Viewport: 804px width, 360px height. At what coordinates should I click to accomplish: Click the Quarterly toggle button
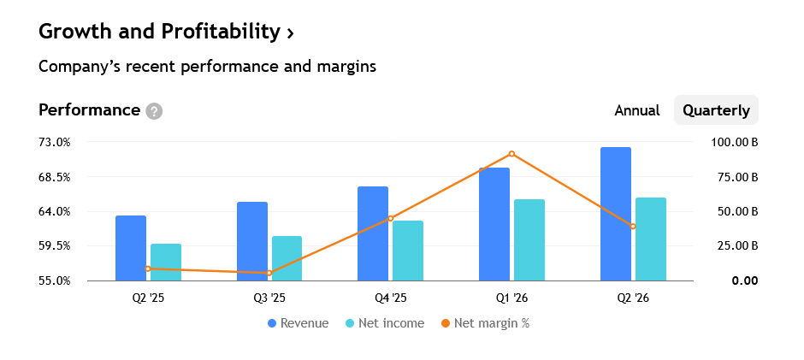click(x=716, y=110)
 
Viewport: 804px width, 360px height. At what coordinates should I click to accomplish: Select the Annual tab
click(x=637, y=110)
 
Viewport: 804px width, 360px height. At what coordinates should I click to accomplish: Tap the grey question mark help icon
click(x=154, y=111)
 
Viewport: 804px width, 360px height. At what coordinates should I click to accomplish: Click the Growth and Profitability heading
click(x=166, y=32)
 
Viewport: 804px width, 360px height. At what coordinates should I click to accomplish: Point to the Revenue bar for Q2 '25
click(x=131, y=248)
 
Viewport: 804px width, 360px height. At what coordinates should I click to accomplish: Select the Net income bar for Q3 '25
click(x=287, y=258)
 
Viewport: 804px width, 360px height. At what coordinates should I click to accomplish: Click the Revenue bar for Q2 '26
click(x=616, y=214)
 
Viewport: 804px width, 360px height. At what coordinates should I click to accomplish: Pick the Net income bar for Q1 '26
click(x=529, y=240)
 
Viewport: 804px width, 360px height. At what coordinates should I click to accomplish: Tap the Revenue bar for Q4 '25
click(x=373, y=233)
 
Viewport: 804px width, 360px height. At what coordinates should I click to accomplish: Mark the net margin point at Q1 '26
click(x=511, y=154)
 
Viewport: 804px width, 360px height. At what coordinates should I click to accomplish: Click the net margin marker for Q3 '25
click(x=269, y=273)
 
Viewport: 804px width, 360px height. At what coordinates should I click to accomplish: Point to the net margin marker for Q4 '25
click(x=390, y=218)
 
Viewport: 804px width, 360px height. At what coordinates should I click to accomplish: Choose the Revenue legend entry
click(x=299, y=323)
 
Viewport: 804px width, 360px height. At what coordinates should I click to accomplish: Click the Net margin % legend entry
click(x=485, y=323)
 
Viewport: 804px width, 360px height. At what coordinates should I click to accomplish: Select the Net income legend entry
click(x=385, y=323)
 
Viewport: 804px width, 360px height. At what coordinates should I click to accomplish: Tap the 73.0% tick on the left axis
click(x=54, y=142)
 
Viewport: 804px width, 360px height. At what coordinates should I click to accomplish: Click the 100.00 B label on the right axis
click(x=734, y=142)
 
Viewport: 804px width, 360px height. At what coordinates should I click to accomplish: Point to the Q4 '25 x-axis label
click(x=391, y=298)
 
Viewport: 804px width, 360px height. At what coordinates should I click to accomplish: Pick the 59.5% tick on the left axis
click(x=54, y=246)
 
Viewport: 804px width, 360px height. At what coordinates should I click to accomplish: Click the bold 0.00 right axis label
click(x=745, y=281)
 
